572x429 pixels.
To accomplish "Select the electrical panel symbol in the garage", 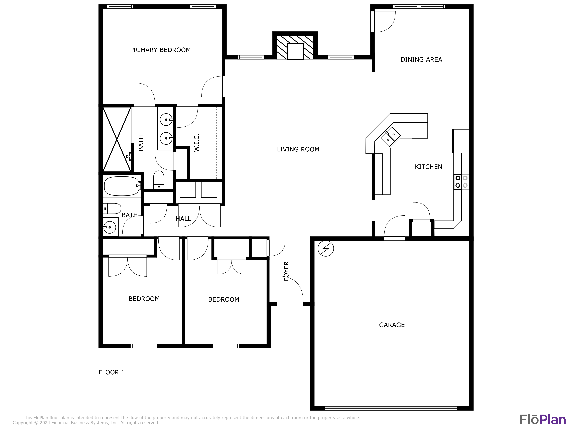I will pos(326,249).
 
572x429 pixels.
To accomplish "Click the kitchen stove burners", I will pos(461,181).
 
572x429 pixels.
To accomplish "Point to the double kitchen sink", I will pos(391,137).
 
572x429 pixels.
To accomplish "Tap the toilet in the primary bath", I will pos(159,180).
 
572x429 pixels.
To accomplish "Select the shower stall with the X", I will pos(117,139).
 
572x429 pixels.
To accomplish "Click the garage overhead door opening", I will pos(391,408).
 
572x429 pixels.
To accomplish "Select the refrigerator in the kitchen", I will pos(461,141).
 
